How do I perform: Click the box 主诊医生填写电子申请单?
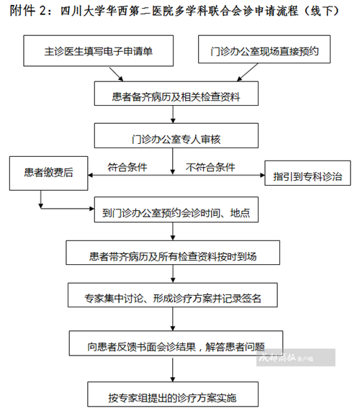[x=99, y=50]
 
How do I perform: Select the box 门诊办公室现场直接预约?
[x=264, y=50]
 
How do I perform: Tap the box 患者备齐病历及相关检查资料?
[x=176, y=94]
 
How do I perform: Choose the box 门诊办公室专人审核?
[x=176, y=135]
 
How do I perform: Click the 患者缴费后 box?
[x=48, y=173]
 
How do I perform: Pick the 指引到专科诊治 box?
[x=307, y=173]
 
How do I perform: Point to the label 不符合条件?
[x=210, y=167]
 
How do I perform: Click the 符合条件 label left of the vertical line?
[x=127, y=167]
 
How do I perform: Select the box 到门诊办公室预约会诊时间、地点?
[x=176, y=209]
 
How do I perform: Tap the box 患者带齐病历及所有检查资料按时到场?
[x=173, y=253]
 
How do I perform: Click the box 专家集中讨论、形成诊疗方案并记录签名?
[x=173, y=295]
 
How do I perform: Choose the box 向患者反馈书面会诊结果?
[x=176, y=343]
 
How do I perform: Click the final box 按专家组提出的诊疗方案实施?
[x=173, y=394]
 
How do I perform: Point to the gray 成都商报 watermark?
[x=296, y=358]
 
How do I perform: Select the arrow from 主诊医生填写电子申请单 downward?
[x=117, y=74]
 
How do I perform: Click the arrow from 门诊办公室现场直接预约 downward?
[x=248, y=72]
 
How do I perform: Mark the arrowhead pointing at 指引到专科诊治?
[x=262, y=175]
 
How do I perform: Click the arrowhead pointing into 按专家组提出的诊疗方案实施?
[x=173, y=379]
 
